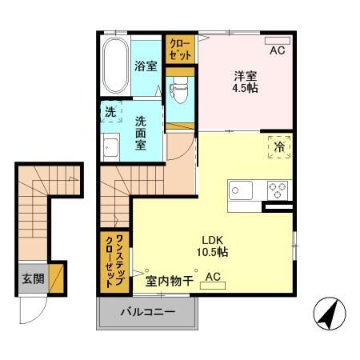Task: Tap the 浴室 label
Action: point(146,66)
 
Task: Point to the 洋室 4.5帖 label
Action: point(246,82)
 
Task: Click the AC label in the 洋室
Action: point(277,50)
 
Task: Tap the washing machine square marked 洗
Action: point(110,111)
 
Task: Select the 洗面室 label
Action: point(141,134)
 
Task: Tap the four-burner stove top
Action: point(277,191)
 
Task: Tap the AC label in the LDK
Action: point(213,277)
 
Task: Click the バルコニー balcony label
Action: point(147,311)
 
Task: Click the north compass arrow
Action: point(327,311)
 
